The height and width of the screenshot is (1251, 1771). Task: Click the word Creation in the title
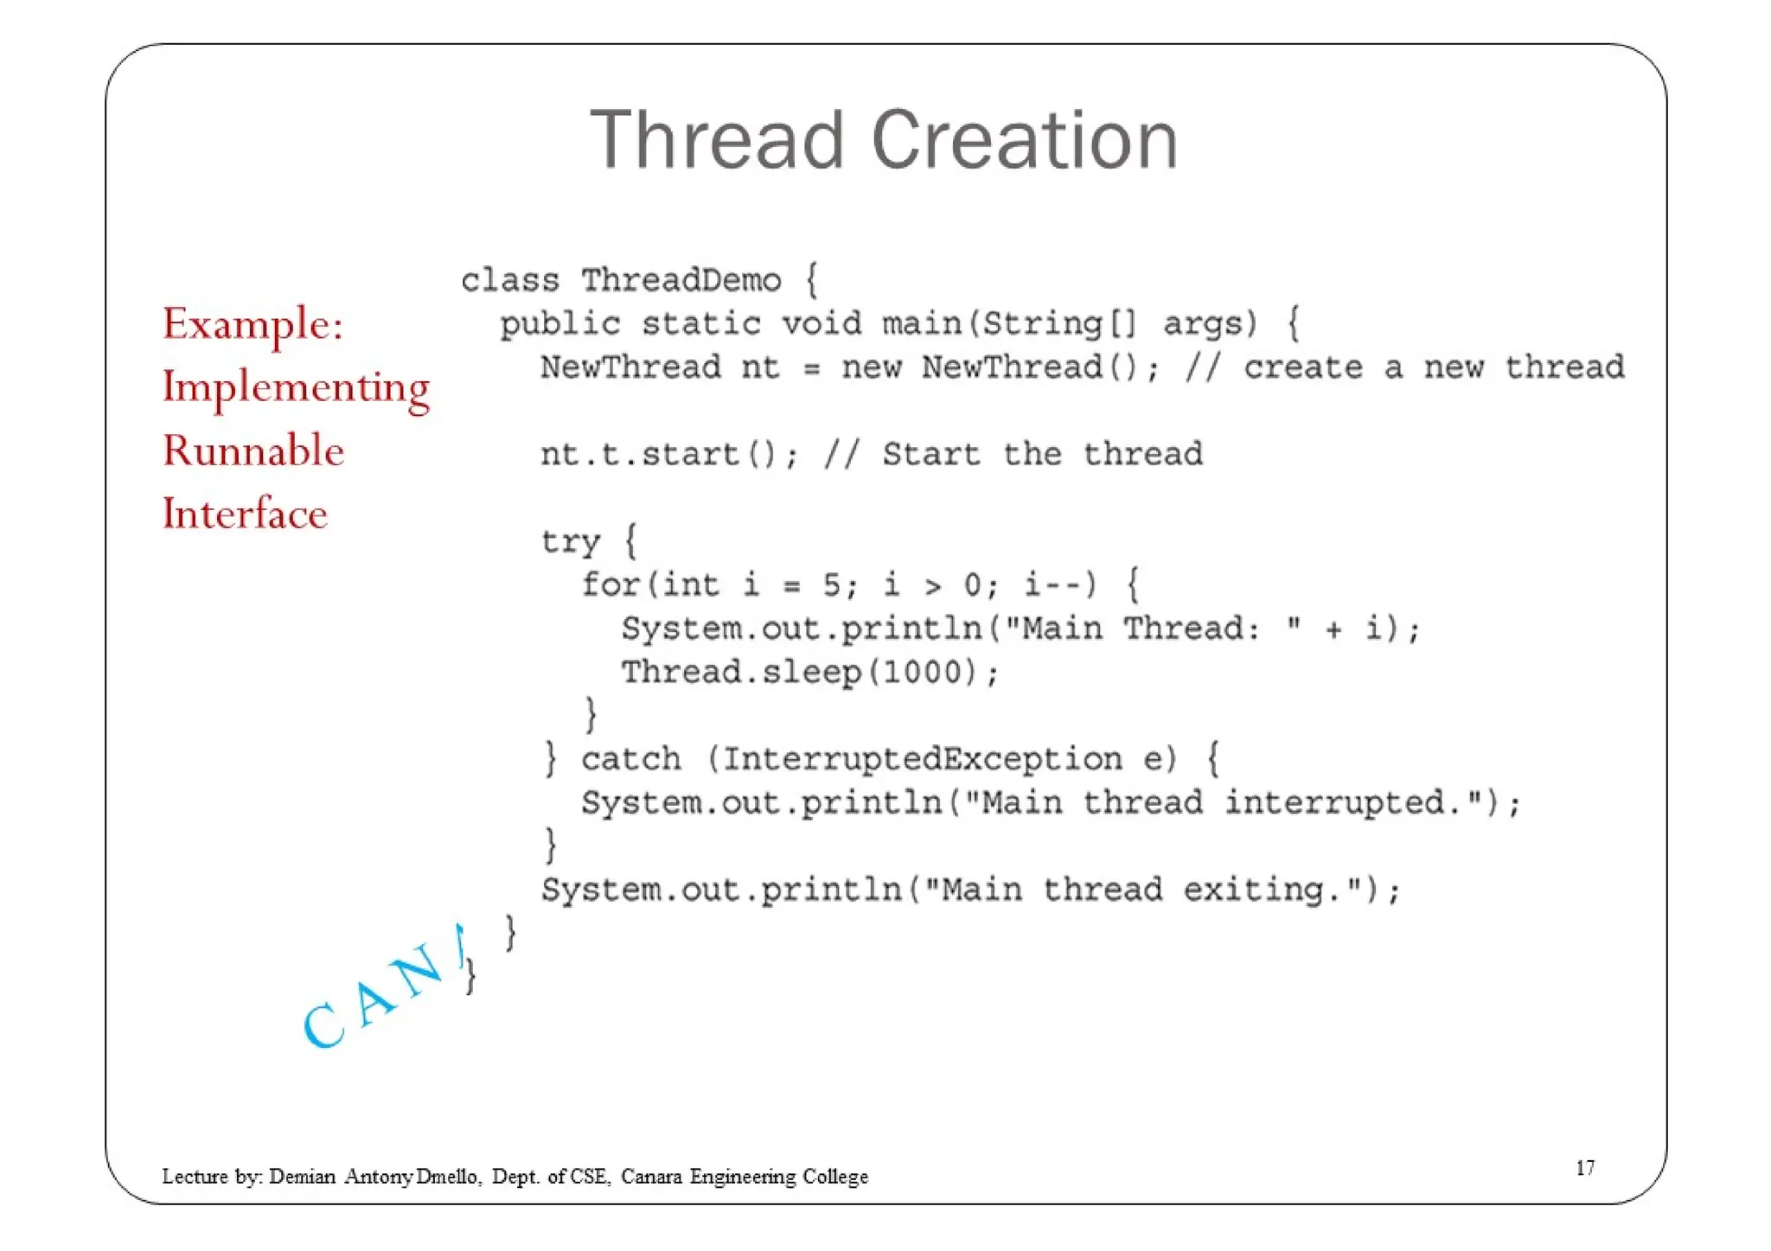1025,140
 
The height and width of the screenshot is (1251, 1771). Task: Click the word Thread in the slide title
717,140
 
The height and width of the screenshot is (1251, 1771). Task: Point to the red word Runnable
253,451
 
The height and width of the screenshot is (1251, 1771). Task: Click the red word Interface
245,514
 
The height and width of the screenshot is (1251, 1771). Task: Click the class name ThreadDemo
681,281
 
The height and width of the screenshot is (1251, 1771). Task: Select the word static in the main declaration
700,324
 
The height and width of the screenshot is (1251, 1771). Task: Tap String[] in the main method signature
1058,324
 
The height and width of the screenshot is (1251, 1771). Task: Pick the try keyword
570,542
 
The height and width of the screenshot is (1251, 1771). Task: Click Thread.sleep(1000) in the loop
809,673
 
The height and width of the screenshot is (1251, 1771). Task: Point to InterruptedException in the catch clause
922,759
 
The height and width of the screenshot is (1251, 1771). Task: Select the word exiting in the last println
1254,890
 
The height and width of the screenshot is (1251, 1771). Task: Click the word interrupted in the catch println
1336,803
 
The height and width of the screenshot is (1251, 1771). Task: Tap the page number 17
1584,1168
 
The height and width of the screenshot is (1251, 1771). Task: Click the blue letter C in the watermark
323,1025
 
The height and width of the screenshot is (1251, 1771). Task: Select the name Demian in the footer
302,1177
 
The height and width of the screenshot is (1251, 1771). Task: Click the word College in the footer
834,1177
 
